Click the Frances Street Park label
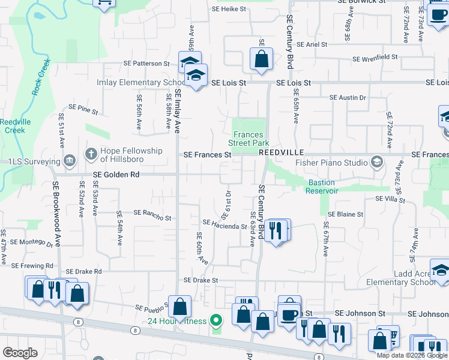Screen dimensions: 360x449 tap(249, 139)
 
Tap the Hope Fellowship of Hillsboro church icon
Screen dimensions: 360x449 tap(91, 154)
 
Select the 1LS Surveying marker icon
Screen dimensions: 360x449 tap(70, 161)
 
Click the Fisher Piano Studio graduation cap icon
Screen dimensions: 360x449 tap(376, 162)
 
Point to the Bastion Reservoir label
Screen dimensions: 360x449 tap(324, 187)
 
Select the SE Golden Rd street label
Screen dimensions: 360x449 tap(116, 175)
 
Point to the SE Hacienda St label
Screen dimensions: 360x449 tap(225, 225)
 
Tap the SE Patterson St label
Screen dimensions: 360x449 tap(146, 63)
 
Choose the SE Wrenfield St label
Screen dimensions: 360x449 tap(375, 58)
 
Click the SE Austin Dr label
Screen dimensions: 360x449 tap(348, 97)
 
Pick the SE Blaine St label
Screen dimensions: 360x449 tap(345, 214)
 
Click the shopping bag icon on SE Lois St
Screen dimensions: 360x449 tap(261, 60)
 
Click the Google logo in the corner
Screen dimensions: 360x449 tap(20, 353)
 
